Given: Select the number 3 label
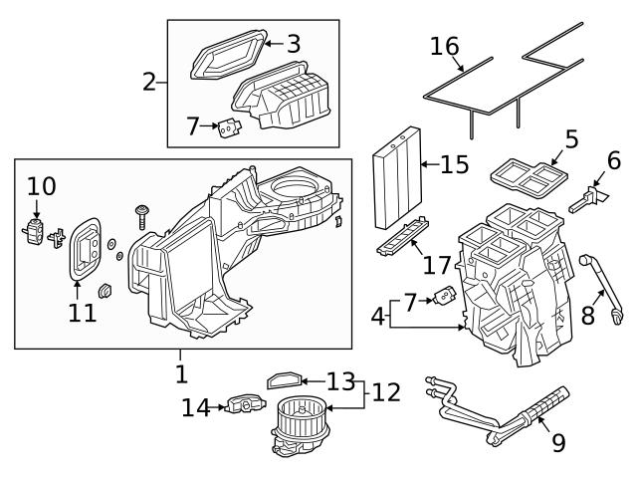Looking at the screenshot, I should pos(293,44).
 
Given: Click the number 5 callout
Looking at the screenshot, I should pos(571,138).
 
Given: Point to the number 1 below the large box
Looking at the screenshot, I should pos(180,373).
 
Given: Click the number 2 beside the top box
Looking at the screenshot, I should pos(150,82).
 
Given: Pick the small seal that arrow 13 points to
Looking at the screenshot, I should pos(285,379).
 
